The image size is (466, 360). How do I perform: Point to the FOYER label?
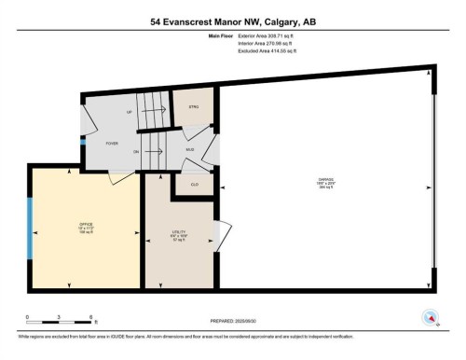111,144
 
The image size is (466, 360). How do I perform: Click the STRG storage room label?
195,108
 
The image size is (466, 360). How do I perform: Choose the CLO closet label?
194,184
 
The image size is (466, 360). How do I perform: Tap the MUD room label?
190,148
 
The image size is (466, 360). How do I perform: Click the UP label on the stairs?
131,112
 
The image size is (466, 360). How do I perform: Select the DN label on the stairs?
136,152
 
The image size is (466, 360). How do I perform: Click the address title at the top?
232,21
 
